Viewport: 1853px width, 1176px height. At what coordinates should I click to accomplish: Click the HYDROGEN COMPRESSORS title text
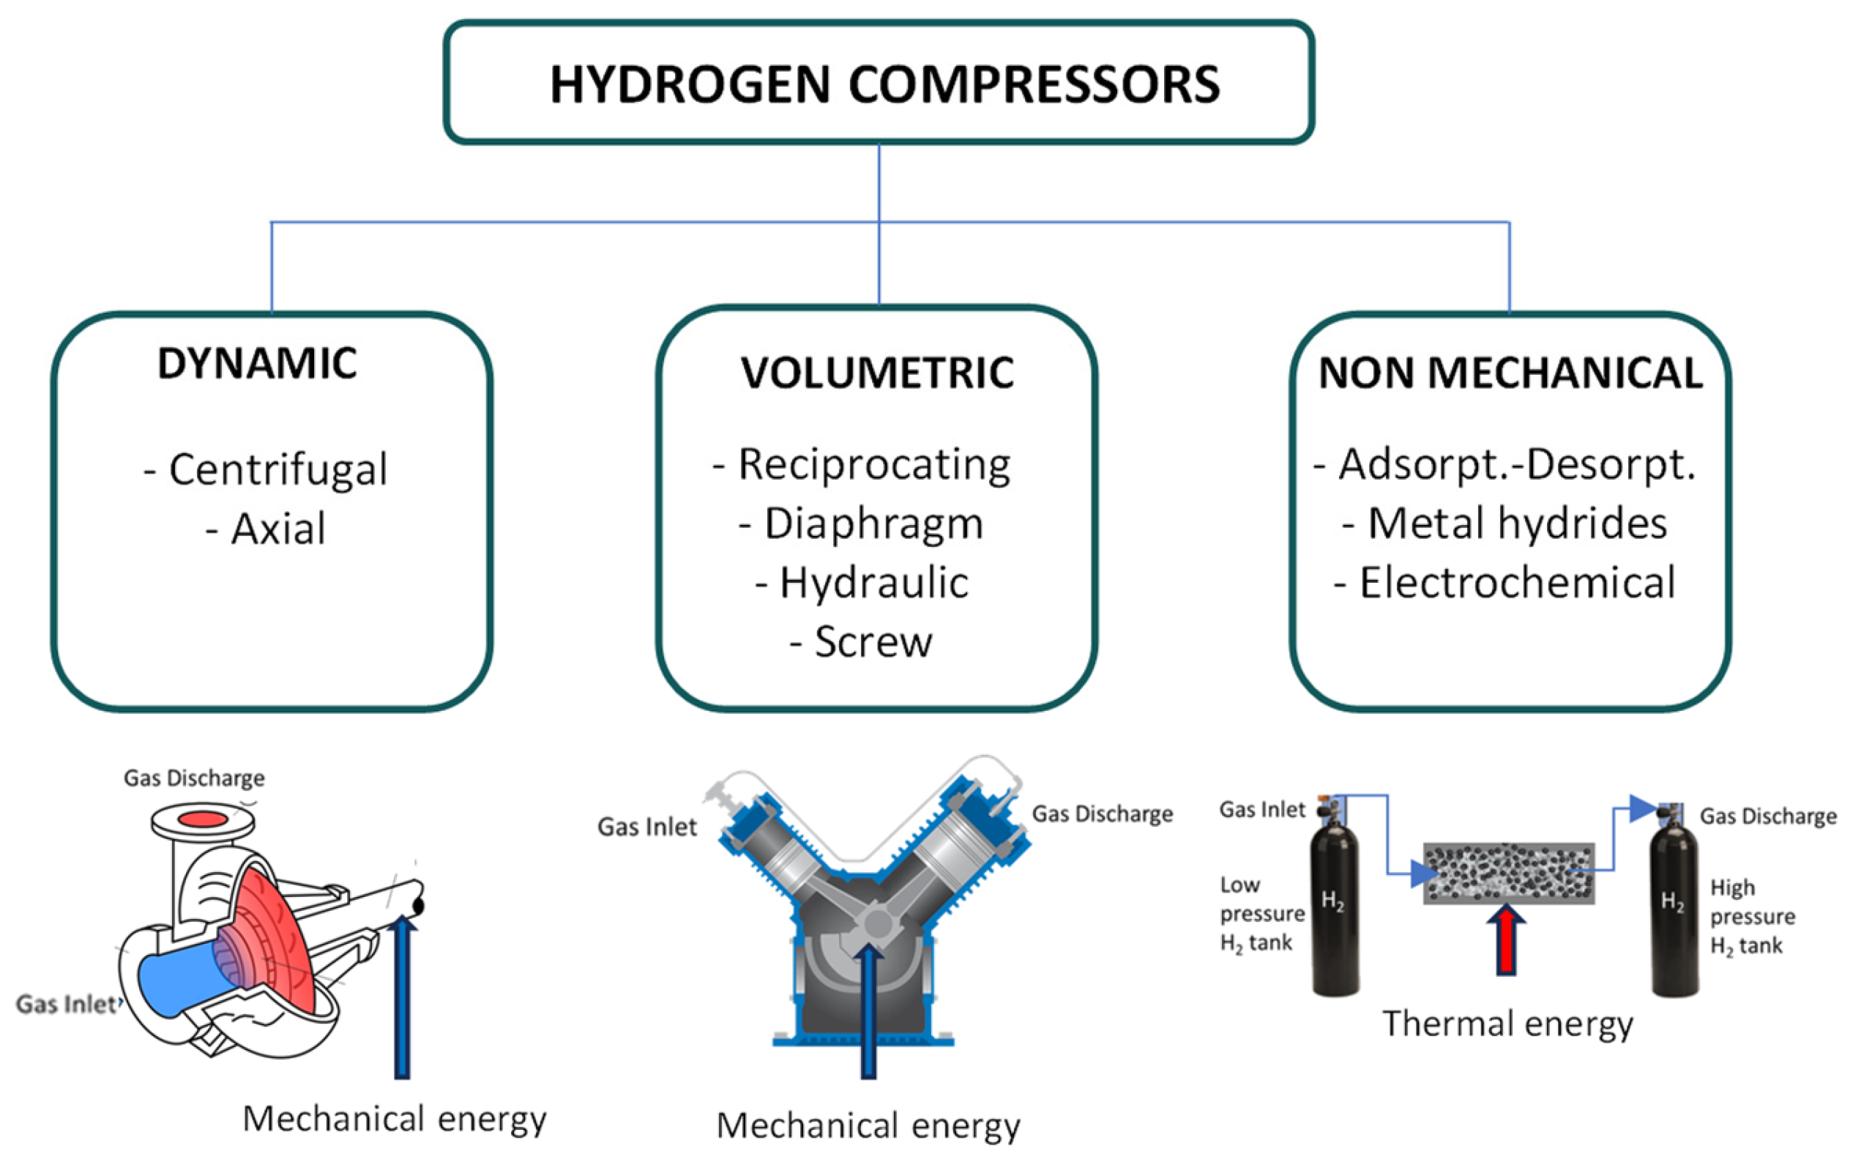coord(884,84)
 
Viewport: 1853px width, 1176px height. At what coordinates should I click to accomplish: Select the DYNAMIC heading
coord(257,363)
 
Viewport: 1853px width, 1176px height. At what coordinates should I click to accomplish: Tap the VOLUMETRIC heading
coord(877,373)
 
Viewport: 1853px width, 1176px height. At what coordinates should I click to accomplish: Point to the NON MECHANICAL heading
coord(1510,373)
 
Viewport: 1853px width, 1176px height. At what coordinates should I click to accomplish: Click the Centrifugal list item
coord(266,469)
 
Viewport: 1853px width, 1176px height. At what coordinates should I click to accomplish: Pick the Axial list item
coord(266,529)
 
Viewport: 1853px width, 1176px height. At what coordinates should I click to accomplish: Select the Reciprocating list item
coord(862,465)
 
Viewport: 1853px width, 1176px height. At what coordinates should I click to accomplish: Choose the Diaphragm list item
coord(862,524)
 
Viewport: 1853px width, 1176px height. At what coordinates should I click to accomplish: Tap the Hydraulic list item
coord(862,583)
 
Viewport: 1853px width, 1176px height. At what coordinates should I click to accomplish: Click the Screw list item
coord(862,642)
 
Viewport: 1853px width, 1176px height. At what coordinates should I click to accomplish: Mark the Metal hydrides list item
coord(1505,524)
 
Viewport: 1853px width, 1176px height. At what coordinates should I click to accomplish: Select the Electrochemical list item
coord(1505,583)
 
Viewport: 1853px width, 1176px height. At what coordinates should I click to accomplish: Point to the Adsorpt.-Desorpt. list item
coord(1505,465)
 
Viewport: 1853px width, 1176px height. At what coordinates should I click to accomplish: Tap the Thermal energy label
coord(1507,1024)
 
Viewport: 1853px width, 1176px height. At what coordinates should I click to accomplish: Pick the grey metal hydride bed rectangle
coord(1508,873)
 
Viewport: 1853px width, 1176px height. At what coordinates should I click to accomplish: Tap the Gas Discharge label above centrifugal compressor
coord(194,778)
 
